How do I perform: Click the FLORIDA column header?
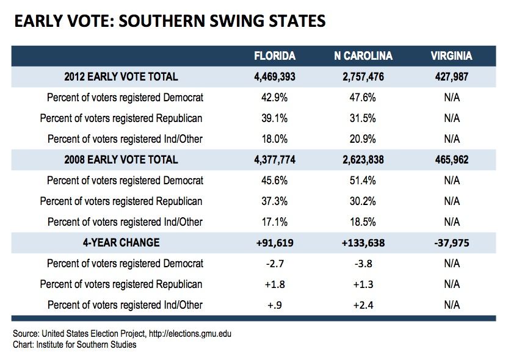(x=275, y=56)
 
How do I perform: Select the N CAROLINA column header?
(x=363, y=56)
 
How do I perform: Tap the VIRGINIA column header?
(x=451, y=56)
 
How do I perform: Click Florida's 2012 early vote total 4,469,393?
(x=275, y=76)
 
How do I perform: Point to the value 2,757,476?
(x=363, y=76)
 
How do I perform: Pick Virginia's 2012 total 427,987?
(x=451, y=76)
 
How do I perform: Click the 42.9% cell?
(x=274, y=98)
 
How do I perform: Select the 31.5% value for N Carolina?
(x=363, y=118)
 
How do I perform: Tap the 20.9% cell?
(x=363, y=139)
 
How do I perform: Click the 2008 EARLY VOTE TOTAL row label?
(x=121, y=160)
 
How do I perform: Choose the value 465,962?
(x=451, y=160)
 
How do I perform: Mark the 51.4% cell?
(x=363, y=181)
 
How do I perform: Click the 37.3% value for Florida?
(x=274, y=201)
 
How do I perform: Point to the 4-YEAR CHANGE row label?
(x=121, y=243)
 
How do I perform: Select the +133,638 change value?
(x=363, y=243)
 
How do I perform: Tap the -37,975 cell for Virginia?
(x=452, y=243)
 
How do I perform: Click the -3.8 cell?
(x=363, y=264)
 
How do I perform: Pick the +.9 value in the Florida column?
(x=275, y=305)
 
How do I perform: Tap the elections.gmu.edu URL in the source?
(x=190, y=334)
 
